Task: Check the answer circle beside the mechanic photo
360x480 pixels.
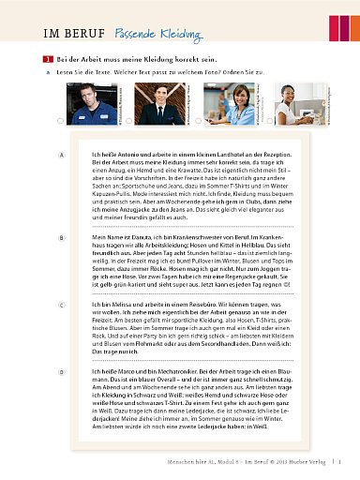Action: pos(61,121)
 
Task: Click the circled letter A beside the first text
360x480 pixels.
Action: pos(61,154)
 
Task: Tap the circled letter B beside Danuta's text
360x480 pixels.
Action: pos(61,239)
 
